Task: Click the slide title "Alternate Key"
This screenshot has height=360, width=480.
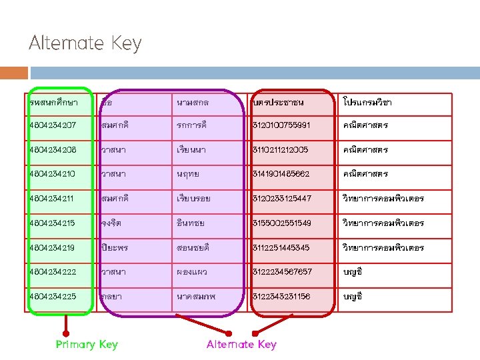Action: [x=85, y=44]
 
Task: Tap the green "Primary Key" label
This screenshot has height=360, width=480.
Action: [x=87, y=344]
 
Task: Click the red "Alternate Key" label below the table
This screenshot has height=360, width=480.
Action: [x=241, y=344]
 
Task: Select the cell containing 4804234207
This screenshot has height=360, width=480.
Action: [x=53, y=125]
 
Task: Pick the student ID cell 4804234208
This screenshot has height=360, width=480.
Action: [x=53, y=150]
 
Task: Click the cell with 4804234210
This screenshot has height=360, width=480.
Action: [x=53, y=174]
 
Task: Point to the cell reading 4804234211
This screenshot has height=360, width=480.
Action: [x=53, y=199]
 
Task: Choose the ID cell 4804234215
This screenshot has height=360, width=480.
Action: [x=53, y=223]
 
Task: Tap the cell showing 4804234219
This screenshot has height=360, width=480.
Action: [x=53, y=247]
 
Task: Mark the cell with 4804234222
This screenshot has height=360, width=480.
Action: [x=53, y=271]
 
